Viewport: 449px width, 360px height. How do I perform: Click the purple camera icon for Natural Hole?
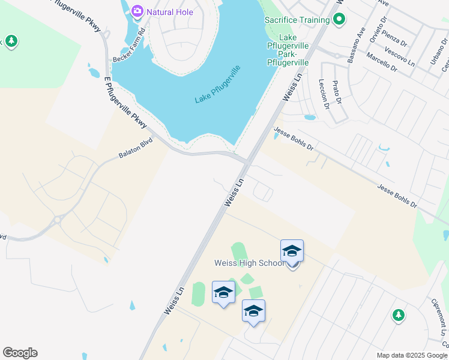tap(137, 11)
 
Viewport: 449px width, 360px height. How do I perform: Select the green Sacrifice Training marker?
tap(339, 20)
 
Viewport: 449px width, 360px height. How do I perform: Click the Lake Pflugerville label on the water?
tap(217, 84)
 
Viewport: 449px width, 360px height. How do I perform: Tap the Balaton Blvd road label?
tap(136, 148)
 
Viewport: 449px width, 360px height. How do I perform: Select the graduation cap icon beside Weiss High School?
tap(292, 251)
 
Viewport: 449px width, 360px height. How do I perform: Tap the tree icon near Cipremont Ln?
tap(397, 315)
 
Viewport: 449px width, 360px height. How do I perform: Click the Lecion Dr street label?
tap(324, 94)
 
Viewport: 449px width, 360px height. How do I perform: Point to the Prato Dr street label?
tap(338, 91)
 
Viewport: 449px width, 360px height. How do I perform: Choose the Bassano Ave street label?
tap(357, 45)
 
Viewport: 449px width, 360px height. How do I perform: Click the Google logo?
tap(20, 353)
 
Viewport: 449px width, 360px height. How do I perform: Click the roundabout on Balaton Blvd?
tap(58, 220)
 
